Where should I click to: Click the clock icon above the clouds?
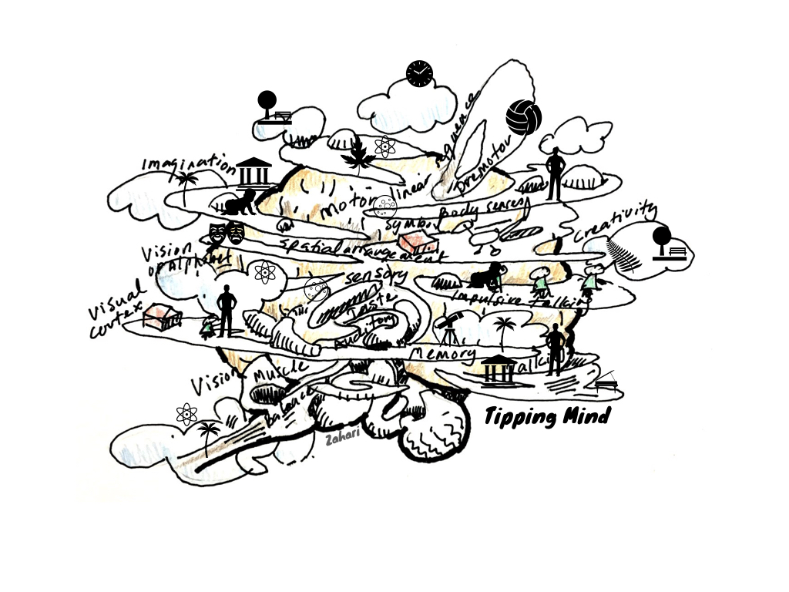(x=419, y=74)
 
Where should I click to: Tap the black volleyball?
(x=524, y=117)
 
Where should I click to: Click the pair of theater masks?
(x=227, y=232)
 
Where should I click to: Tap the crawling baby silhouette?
(x=240, y=203)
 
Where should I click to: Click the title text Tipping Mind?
(x=547, y=417)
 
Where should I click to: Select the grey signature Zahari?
(x=340, y=438)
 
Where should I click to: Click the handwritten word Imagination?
(x=188, y=163)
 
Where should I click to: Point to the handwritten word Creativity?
(x=616, y=222)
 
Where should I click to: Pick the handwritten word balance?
(x=292, y=405)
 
